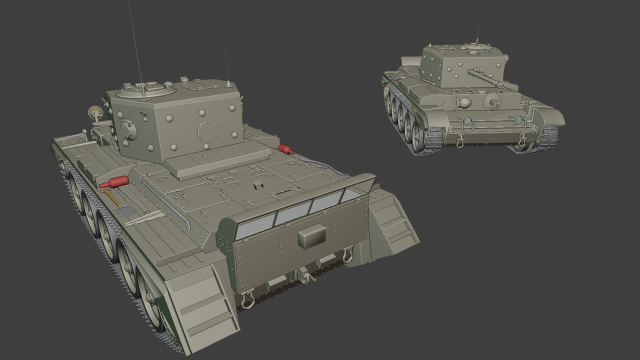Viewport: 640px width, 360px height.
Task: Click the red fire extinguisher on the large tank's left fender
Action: pyautogui.click(x=114, y=183)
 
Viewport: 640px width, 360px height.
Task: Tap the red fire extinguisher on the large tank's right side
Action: pyautogui.click(x=289, y=150)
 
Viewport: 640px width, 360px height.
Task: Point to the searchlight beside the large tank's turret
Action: pyautogui.click(x=97, y=112)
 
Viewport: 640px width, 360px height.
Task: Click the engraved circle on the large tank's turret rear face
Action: pyautogui.click(x=209, y=130)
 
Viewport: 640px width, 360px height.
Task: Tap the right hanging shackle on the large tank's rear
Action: pyautogui.click(x=347, y=255)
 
